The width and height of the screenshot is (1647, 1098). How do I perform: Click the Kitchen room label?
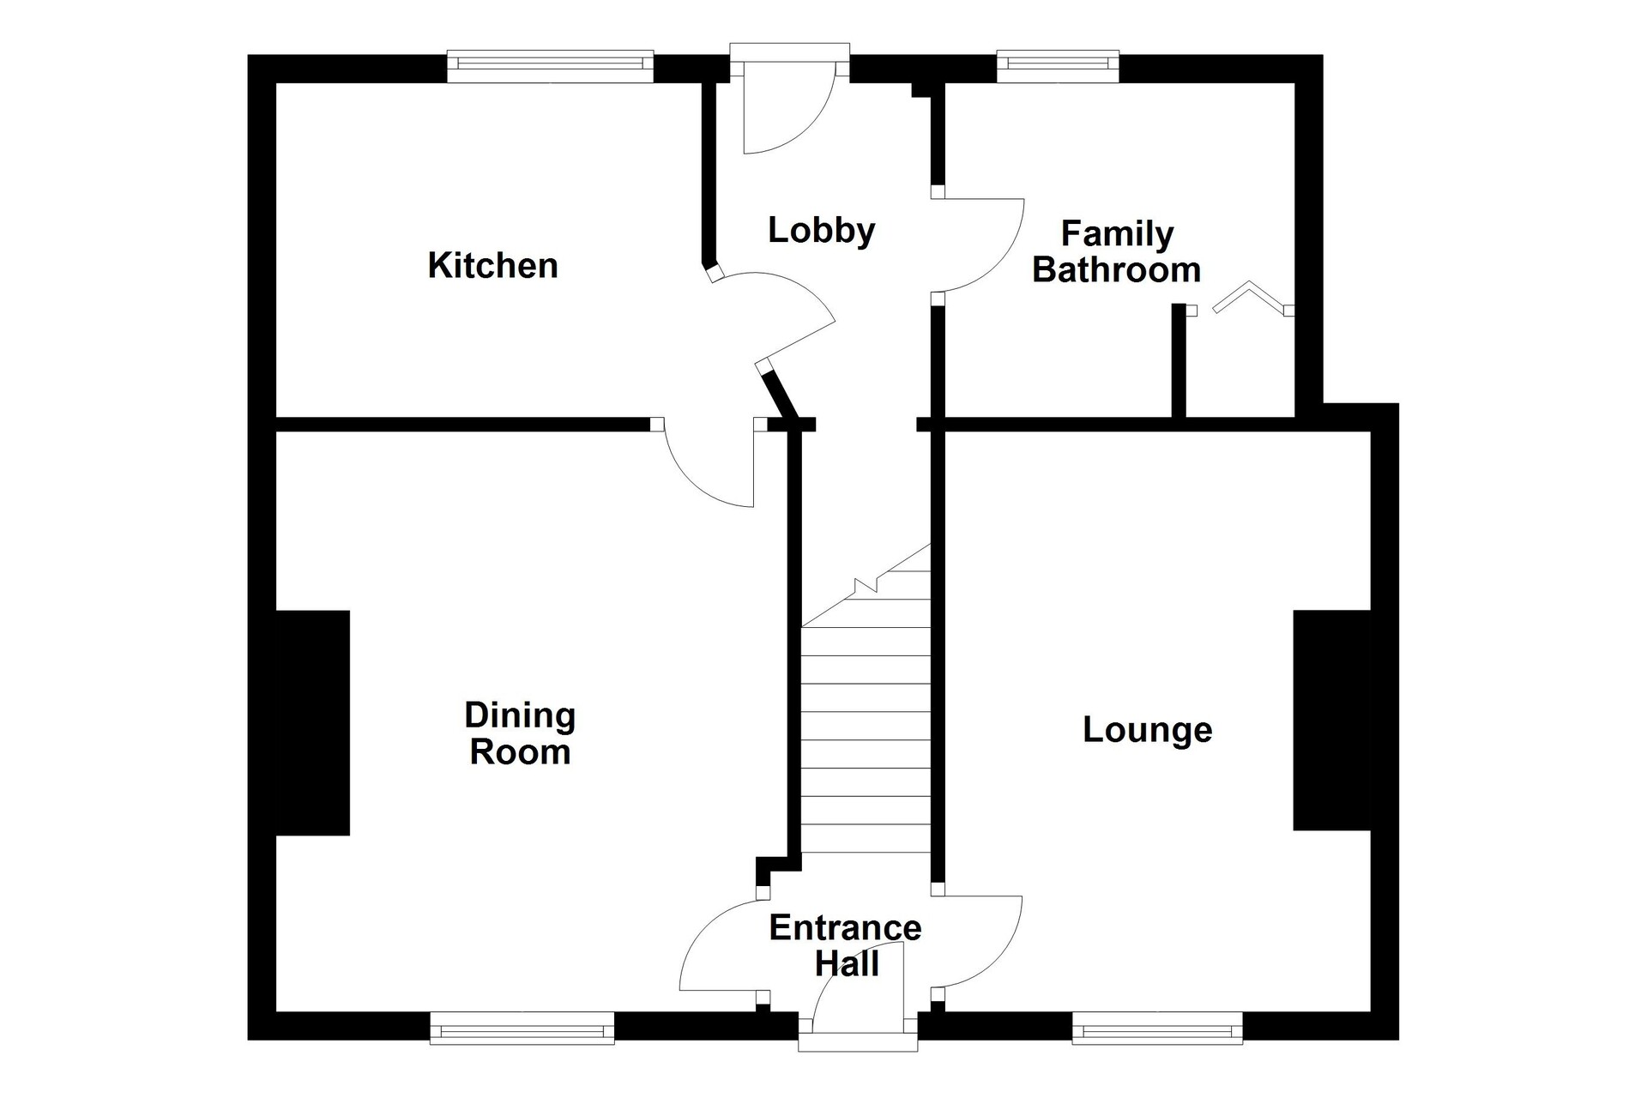pyautogui.click(x=492, y=265)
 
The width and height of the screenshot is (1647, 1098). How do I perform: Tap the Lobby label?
pyautogui.click(x=821, y=230)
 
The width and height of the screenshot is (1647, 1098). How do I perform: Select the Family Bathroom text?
pyautogui.click(x=1116, y=251)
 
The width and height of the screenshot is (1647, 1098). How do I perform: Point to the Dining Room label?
pyautogui.click(x=520, y=733)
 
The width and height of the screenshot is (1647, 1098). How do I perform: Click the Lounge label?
pyautogui.click(x=1147, y=730)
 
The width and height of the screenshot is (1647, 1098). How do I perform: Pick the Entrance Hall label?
pyautogui.click(x=845, y=945)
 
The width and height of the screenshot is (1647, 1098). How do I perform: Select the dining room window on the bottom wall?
pyautogui.click(x=522, y=1028)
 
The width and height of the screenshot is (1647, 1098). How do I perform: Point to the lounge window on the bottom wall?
pyautogui.click(x=1157, y=1028)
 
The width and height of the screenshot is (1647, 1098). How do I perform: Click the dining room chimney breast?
pyautogui.click(x=312, y=722)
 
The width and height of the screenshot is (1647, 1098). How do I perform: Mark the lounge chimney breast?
pyautogui.click(x=1332, y=721)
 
